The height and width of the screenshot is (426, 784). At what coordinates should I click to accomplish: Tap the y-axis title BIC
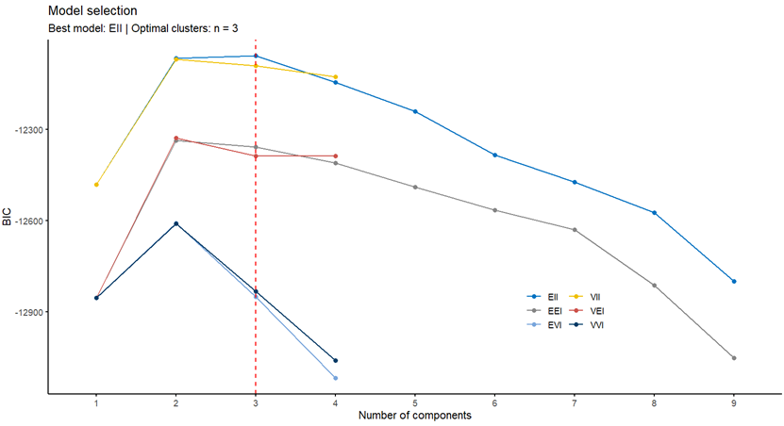[8, 221]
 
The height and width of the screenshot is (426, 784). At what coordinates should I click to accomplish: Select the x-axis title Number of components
[414, 415]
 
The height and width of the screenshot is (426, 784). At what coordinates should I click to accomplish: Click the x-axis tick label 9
[733, 401]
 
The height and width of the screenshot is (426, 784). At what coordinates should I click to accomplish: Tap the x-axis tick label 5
[415, 401]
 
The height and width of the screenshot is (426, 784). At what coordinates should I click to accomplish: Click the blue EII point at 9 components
[733, 282]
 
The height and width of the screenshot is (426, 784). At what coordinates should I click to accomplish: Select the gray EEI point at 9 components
[733, 358]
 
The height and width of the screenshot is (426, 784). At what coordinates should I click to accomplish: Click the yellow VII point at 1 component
[96, 185]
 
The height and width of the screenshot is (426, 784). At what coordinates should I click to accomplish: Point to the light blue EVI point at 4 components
[335, 378]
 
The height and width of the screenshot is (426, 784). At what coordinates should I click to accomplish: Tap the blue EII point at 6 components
[494, 156]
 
